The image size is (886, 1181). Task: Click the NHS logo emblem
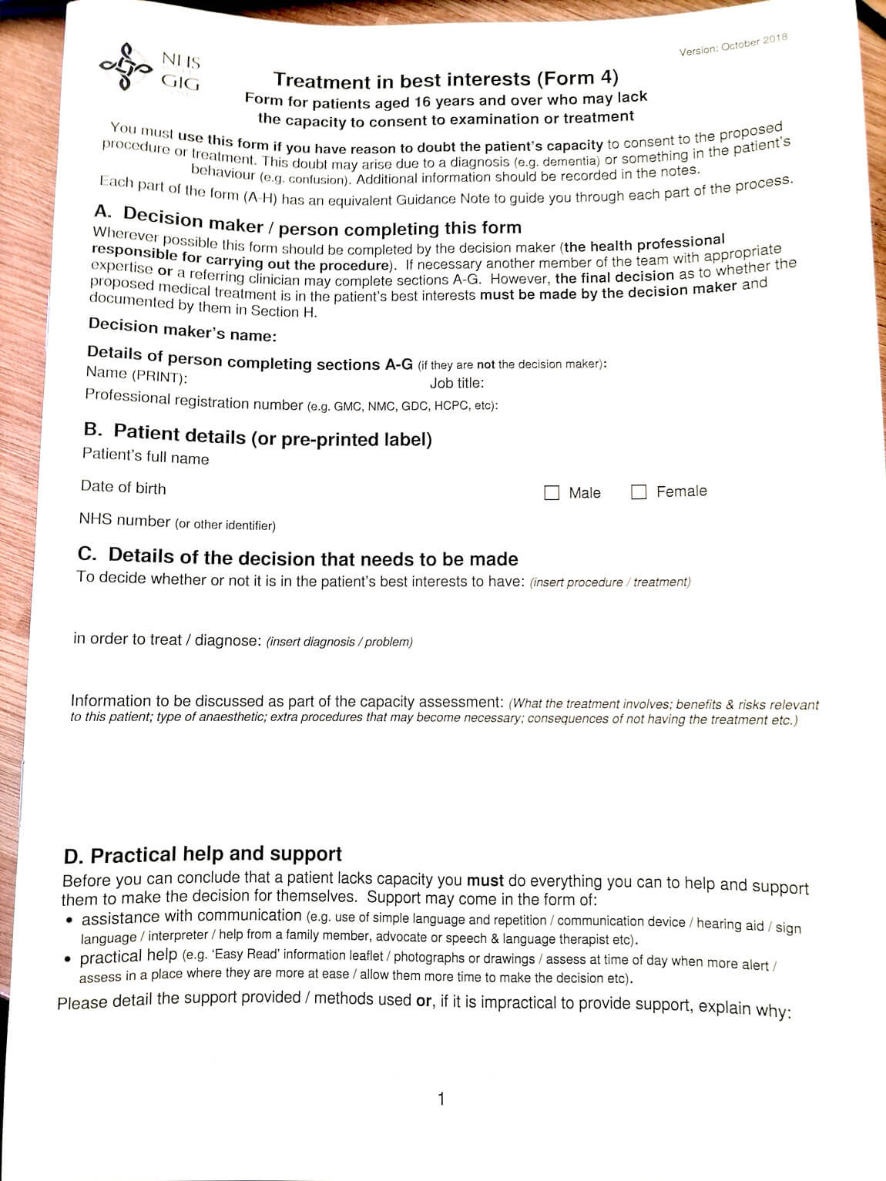126,66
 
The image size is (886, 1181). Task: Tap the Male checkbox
552,492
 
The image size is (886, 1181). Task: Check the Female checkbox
638,492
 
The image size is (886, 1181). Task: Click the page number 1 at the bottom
441,1099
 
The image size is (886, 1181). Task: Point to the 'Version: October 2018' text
733,45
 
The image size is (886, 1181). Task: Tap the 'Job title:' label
457,383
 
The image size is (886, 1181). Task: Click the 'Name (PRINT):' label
136,375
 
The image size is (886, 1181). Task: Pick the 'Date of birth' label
123,487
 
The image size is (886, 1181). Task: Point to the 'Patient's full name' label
146,456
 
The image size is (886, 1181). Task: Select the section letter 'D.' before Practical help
72,857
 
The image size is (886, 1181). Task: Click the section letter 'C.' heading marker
87,554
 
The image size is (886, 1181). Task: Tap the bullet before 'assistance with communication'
69,920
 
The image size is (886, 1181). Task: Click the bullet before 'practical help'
68,959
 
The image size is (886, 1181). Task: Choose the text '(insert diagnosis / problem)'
339,641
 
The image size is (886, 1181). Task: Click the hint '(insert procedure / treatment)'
610,582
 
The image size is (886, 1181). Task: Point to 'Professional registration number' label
194,400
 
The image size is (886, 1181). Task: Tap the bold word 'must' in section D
485,880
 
